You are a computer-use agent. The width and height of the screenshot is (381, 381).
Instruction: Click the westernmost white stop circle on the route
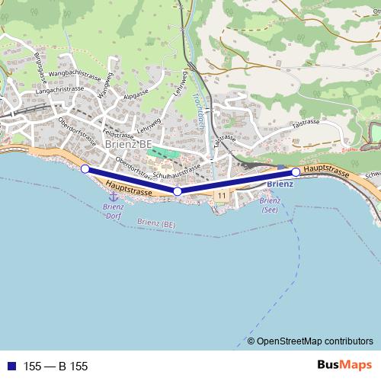point(85,168)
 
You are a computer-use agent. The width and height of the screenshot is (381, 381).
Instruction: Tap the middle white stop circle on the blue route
point(178,191)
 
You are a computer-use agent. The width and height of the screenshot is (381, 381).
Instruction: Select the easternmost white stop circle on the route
point(296,172)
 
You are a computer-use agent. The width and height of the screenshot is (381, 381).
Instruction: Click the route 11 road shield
point(221,196)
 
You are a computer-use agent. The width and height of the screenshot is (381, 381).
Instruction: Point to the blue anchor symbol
point(114,197)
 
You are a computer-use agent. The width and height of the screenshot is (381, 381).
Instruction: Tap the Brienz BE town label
point(129,143)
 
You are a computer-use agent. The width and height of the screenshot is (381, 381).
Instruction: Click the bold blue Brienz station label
point(281,184)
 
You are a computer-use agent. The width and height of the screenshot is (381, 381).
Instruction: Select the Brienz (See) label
point(269,205)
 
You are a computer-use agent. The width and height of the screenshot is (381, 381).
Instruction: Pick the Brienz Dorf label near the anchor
point(113,210)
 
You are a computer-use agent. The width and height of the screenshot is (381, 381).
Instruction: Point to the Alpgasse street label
point(135,97)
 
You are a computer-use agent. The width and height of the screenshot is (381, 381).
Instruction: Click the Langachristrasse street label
point(54,89)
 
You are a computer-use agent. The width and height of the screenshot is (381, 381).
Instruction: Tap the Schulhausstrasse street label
point(176,171)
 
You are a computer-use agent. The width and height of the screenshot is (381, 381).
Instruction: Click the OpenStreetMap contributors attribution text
point(315,341)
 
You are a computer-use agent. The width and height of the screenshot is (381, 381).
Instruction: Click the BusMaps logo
point(345,366)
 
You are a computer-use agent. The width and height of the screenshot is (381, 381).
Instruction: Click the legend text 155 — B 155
point(56,367)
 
